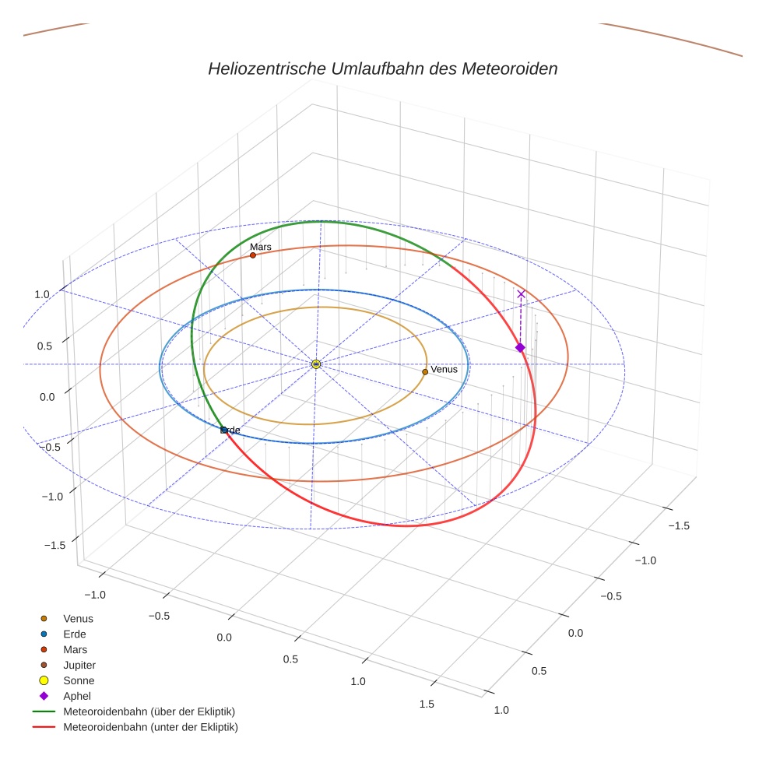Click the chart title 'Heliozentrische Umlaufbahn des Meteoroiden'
coord(382,69)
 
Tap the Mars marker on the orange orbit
coord(253,255)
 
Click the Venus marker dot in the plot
coord(425,372)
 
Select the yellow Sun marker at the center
coord(316,364)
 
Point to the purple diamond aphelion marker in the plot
coord(520,347)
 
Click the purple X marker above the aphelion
coord(521,294)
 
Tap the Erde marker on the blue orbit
coord(223,430)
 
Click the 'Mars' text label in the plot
coord(260,247)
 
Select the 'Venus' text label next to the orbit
coord(444,370)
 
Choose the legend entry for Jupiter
coord(79,666)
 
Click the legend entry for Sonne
coord(79,681)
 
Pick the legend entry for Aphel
coord(77,697)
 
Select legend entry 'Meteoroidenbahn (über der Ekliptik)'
coord(149,712)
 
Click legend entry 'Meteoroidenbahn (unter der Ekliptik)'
coord(150,728)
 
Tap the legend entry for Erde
coord(74,634)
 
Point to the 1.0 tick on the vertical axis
coord(42,294)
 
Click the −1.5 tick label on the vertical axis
coord(54,545)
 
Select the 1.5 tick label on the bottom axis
coord(427,705)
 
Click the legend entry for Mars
coord(75,650)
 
